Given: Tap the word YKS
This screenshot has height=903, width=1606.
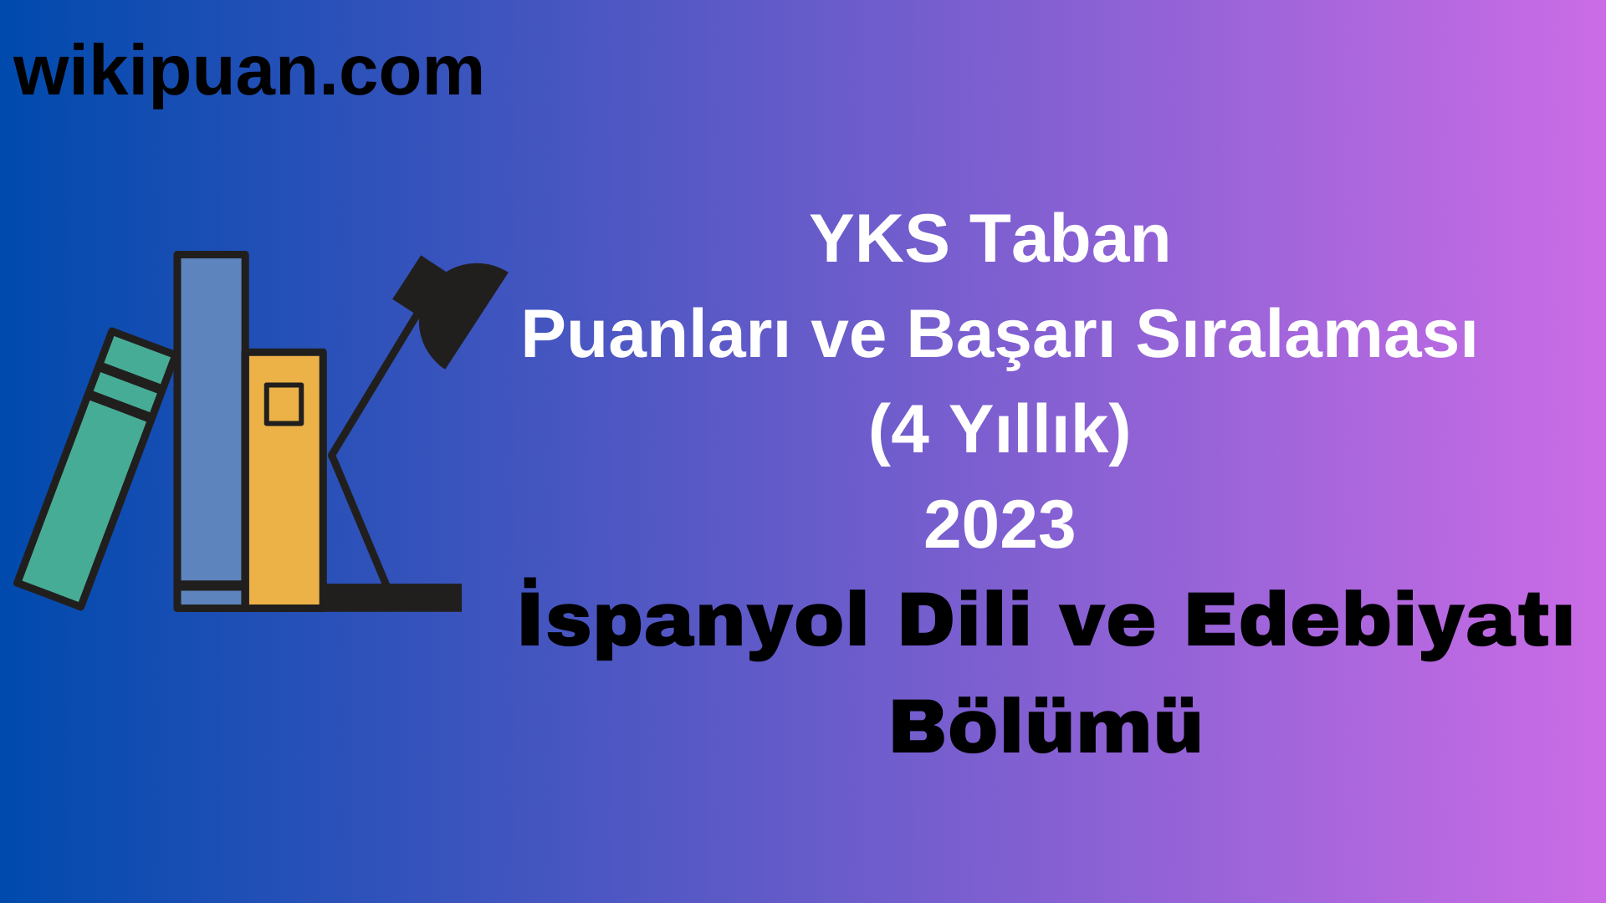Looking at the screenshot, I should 879,240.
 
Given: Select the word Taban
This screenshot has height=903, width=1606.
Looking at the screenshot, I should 1070,240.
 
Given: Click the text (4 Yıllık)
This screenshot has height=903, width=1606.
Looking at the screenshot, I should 1000,431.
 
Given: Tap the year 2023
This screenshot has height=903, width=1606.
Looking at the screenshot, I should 1000,526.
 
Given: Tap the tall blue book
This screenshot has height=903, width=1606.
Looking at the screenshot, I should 211,418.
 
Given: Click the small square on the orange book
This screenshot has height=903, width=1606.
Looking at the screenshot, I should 284,405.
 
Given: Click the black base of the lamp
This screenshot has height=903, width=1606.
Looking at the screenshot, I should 393,597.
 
